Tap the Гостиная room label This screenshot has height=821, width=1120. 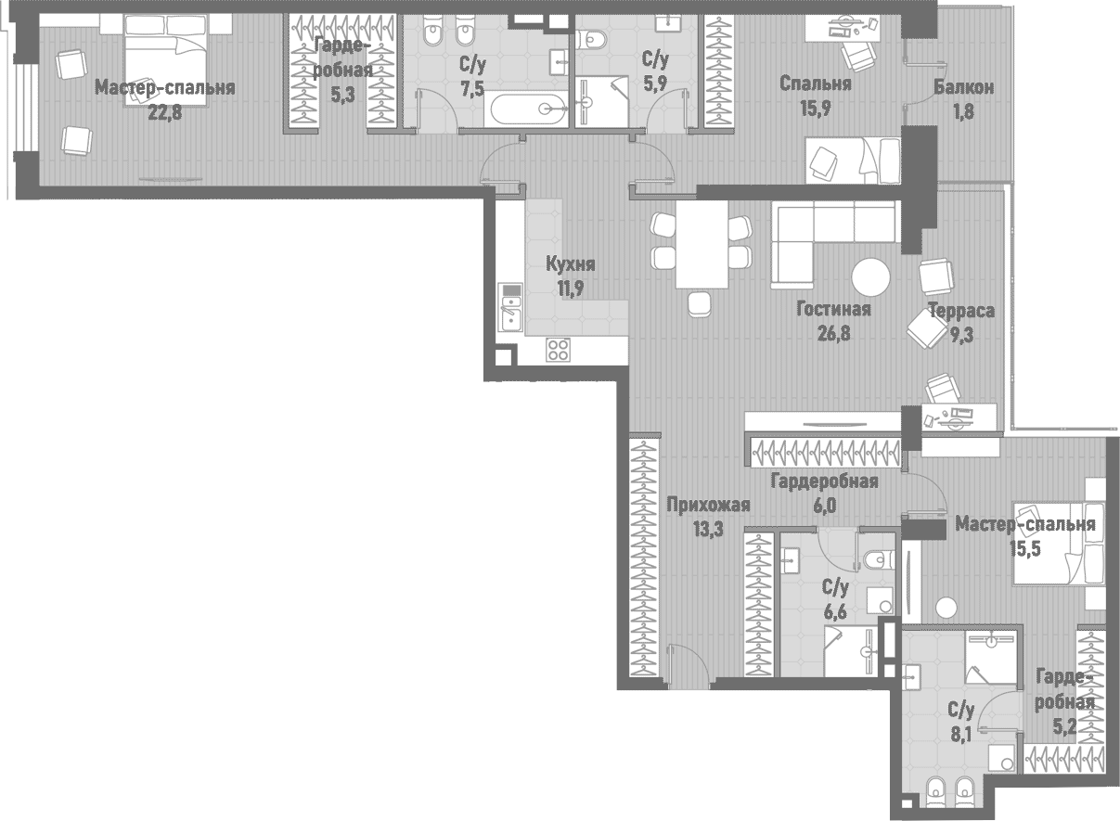tap(833, 310)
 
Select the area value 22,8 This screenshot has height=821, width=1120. tap(164, 111)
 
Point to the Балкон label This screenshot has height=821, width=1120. tap(964, 88)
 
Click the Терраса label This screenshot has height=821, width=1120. tap(961, 311)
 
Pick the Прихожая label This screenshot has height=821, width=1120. tap(708, 506)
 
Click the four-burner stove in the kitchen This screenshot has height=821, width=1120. tap(558, 349)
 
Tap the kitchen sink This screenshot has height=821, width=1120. tap(510, 307)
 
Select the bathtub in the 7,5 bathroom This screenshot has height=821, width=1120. tap(528, 109)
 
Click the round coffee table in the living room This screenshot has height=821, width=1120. tap(870, 276)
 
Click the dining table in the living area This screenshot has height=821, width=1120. tap(702, 244)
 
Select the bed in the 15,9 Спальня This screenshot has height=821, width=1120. tap(852, 160)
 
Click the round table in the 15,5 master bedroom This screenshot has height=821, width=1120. tap(946, 608)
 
